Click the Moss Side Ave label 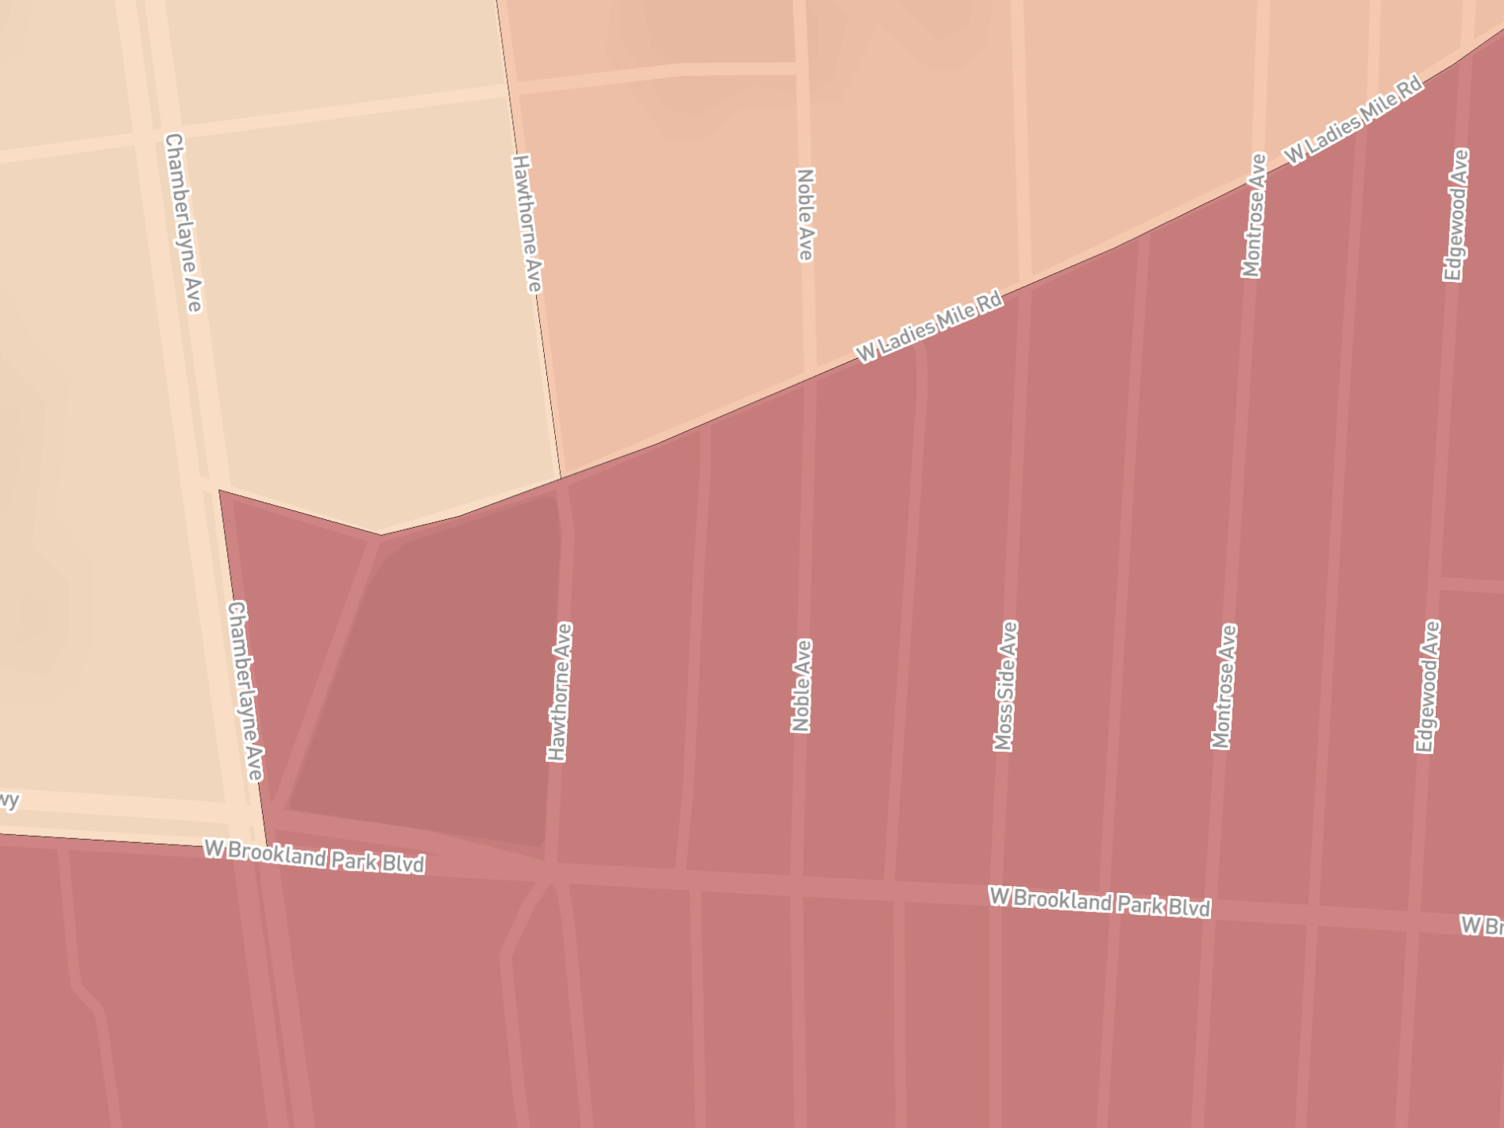(1005, 686)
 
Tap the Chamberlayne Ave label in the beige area (183, 223)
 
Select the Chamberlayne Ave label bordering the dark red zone (245, 691)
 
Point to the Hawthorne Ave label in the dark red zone (560, 692)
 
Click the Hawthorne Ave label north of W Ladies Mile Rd (527, 223)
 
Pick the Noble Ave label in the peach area (805, 214)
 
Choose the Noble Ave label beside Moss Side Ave (802, 686)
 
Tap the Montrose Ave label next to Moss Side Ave (1224, 687)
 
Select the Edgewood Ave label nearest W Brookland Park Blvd (1427, 687)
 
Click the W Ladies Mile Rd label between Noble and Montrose (928, 327)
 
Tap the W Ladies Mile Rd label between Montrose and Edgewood (1353, 121)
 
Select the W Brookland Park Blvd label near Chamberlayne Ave (314, 856)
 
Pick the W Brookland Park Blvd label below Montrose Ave (1100, 902)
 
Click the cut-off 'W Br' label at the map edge (1482, 926)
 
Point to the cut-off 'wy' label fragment (9, 801)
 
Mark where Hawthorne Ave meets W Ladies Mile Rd (561, 479)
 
